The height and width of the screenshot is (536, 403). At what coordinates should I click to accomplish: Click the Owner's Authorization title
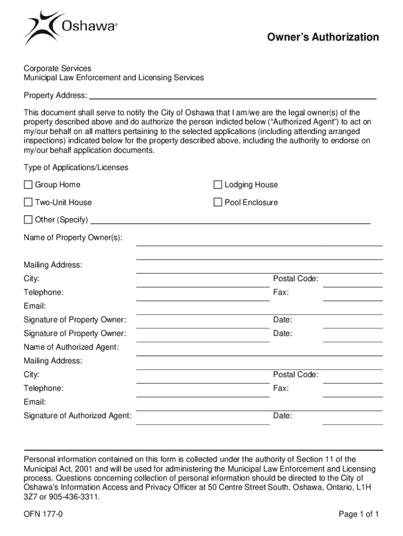tap(323, 37)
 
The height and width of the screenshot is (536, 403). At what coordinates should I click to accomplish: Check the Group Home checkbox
tap(28, 185)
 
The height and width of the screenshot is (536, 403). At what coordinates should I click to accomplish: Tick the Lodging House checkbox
tap(218, 185)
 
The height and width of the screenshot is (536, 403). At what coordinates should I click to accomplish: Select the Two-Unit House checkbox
tap(28, 203)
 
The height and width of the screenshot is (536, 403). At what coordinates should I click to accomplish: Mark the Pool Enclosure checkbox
tap(218, 203)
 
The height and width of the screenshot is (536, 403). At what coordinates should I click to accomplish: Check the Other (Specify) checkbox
tap(28, 219)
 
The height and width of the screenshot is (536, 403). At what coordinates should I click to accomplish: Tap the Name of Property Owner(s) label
tap(73, 238)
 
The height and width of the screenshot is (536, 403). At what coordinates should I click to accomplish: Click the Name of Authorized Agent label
tap(71, 347)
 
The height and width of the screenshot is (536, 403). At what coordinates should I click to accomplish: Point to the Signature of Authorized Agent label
tap(77, 416)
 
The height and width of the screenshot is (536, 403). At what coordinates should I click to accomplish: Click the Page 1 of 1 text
tap(359, 514)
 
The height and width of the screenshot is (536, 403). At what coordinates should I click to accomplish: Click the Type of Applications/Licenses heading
tap(76, 167)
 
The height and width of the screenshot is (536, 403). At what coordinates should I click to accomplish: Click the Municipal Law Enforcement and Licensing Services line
tap(114, 78)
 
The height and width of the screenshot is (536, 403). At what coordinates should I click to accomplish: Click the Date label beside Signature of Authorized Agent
tap(283, 416)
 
